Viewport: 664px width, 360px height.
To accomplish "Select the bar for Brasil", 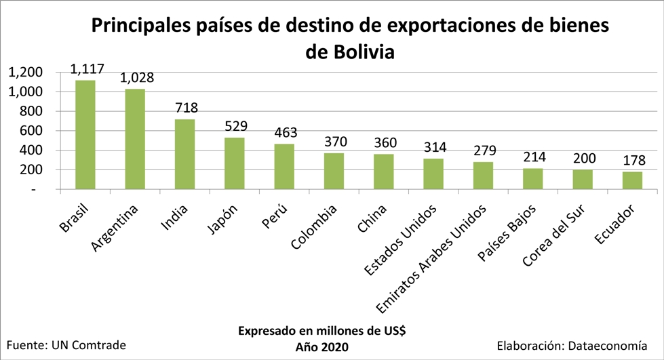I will click(85, 135).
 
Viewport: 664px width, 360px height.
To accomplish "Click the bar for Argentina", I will click(135, 139).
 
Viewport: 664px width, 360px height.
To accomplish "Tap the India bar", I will click(184, 155).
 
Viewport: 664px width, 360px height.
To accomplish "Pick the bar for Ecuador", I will click(632, 180).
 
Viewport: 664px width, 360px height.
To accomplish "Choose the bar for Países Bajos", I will click(532, 179).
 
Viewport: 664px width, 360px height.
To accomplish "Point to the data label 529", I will click(236, 126).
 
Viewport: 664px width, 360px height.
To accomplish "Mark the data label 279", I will click(484, 151).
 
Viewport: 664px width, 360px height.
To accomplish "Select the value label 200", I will click(583, 159).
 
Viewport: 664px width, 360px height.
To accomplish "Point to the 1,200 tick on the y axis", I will click(25, 72).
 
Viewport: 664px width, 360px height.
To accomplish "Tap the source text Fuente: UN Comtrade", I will click(66, 344).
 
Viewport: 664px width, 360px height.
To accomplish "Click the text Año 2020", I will click(321, 347).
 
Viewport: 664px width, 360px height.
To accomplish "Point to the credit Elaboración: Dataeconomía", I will click(577, 344).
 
